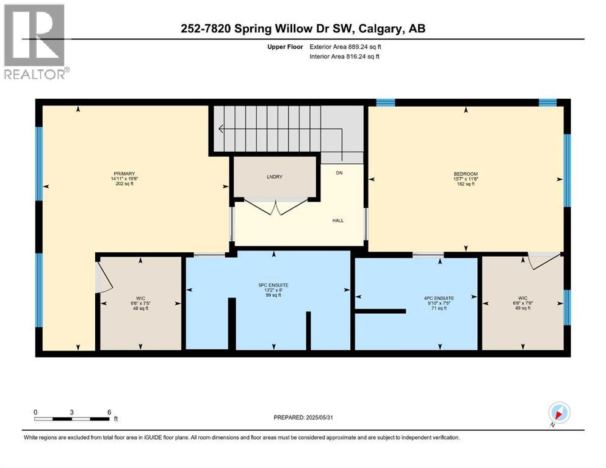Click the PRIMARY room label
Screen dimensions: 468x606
123,173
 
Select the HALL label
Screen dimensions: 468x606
337,220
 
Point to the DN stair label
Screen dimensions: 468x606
339,173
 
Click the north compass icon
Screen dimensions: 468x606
559,413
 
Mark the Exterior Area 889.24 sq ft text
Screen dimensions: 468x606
346,46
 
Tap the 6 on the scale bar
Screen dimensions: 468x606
109,412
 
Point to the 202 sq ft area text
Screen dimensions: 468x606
123,183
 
